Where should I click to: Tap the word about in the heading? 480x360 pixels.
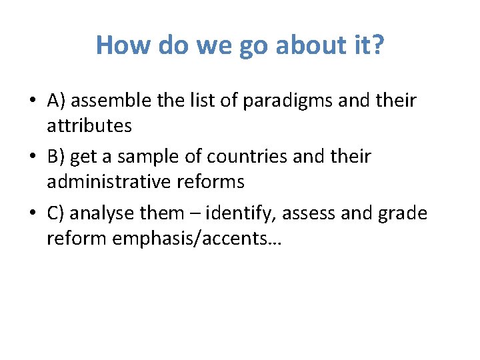295,45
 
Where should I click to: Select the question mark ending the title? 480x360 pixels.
377,45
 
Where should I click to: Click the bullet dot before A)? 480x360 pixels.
32,101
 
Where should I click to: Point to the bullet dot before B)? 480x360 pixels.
32,157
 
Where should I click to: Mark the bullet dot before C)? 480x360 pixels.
32,214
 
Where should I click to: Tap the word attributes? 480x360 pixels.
89,125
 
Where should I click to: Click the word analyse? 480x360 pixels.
102,214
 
